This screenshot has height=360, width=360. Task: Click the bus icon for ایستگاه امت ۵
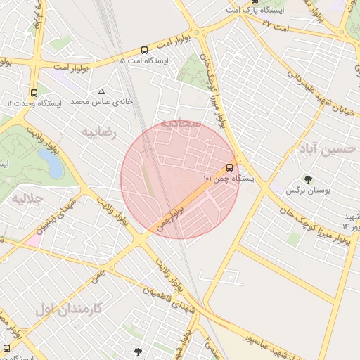click(x=144, y=50)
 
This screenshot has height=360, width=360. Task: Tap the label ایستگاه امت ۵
click(x=144, y=61)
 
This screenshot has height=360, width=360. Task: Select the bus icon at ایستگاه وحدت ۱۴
click(x=34, y=93)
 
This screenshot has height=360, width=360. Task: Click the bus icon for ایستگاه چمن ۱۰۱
click(x=230, y=168)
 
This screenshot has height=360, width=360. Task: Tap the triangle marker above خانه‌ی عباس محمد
click(x=102, y=91)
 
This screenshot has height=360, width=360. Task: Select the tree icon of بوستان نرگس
click(x=307, y=179)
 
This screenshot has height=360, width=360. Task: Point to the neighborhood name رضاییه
click(x=98, y=131)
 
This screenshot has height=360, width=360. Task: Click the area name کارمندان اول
click(x=68, y=308)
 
